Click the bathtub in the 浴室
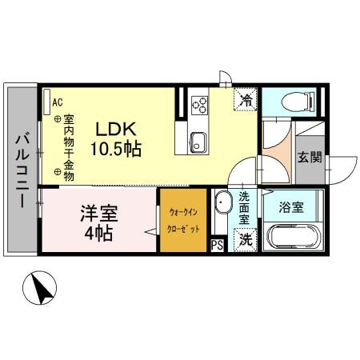294,237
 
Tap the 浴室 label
291,206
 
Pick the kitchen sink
198,145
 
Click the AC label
58,102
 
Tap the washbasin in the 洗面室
222,201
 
